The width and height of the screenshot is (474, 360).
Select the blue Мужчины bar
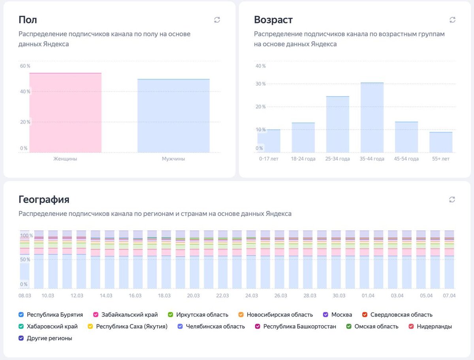[173, 116]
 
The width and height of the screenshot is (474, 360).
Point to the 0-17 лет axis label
[269, 159]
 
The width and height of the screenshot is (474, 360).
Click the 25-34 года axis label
[338, 159]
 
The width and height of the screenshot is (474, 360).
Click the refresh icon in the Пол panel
[217, 20]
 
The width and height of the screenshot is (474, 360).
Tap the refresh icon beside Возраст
[452, 20]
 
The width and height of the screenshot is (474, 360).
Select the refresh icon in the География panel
[452, 200]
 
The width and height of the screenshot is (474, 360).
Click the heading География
[44, 200]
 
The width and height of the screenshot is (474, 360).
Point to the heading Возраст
[273, 20]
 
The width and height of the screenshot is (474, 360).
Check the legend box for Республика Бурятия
[21, 315]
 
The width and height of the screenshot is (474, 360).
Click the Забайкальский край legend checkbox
[96, 315]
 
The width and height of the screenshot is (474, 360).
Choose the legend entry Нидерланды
[434, 326]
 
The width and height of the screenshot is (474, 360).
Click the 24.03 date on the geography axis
[252, 296]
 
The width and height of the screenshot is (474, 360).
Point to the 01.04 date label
[368, 296]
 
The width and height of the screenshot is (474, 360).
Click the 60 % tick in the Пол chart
[25, 66]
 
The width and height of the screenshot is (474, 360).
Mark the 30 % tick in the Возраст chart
[261, 84]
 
